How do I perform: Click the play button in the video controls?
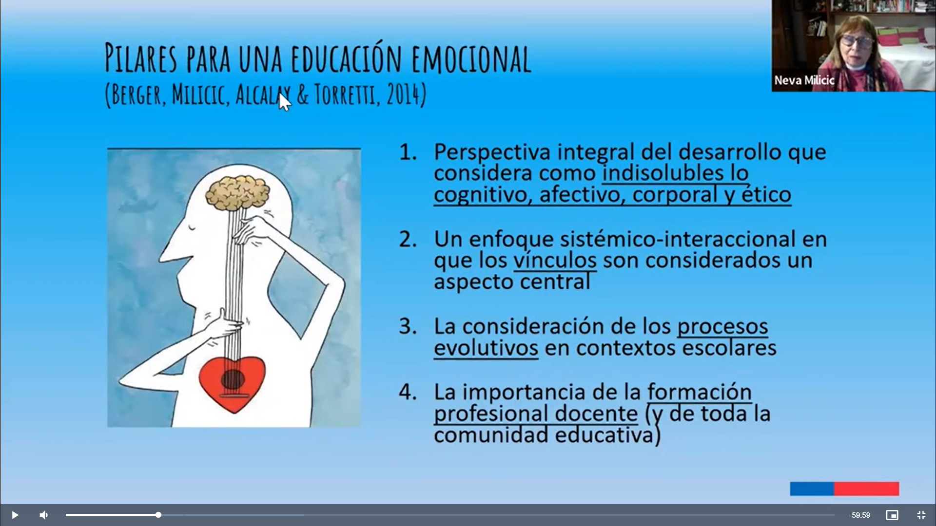pos(15,515)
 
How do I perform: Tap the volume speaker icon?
pos(44,515)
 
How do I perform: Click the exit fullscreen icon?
pos(921,515)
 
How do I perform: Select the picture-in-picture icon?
pos(892,515)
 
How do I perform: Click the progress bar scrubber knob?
pos(158,515)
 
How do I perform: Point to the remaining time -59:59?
pos(859,515)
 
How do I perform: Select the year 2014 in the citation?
pos(403,94)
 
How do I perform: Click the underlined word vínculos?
pos(555,260)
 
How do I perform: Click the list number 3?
pos(408,326)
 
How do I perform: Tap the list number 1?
pos(408,152)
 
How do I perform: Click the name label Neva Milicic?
pos(804,80)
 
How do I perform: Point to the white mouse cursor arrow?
pos(284,102)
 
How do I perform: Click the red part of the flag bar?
pos(866,488)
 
